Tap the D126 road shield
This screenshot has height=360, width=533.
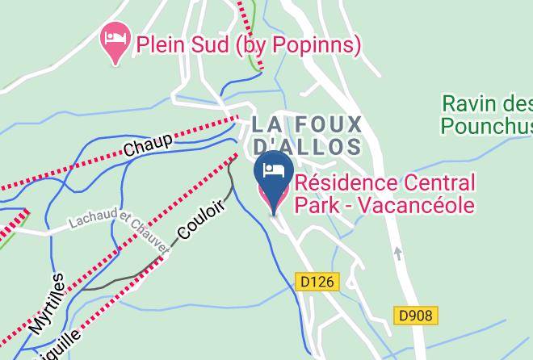[x=316, y=283]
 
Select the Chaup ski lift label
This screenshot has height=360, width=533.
[x=148, y=145]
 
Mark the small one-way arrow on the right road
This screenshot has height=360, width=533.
[x=397, y=253]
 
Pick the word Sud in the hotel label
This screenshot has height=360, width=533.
[x=212, y=44]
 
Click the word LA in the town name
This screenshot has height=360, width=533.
[x=266, y=125]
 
